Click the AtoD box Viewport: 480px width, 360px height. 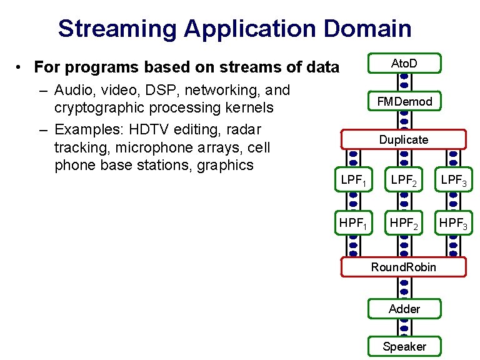[404, 63]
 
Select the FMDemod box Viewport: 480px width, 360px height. [404, 101]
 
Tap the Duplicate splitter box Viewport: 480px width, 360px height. [404, 139]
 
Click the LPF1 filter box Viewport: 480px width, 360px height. [353, 181]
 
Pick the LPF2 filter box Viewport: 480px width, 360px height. [404, 181]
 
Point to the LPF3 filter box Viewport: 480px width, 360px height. [454, 181]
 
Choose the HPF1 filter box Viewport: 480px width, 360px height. [353, 222]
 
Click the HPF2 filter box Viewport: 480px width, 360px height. [404, 222]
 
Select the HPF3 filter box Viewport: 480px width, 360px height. [454, 222]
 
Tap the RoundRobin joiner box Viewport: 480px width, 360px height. [404, 267]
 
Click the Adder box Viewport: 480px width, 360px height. [404, 309]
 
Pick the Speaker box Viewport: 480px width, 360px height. [404, 346]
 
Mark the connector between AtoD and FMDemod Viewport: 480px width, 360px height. [404, 81]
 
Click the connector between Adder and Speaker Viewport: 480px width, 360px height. [404, 327]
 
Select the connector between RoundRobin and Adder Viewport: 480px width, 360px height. [404, 287]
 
